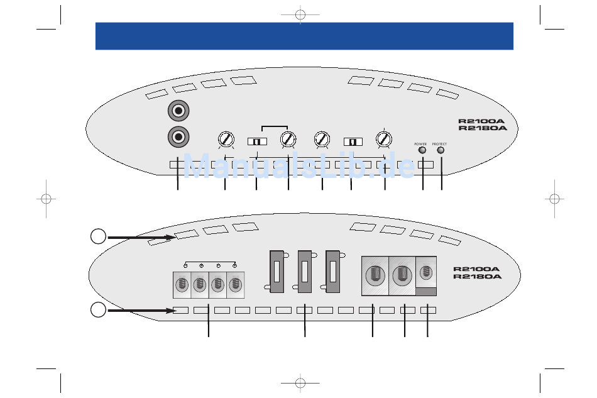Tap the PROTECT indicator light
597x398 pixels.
[441, 150]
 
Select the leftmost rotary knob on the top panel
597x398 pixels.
[226, 138]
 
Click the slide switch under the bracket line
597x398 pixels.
[257, 141]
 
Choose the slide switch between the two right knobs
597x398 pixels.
[353, 141]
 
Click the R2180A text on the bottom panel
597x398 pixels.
[478, 276]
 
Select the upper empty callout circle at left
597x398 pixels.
[97, 237]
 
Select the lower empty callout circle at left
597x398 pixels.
[97, 309]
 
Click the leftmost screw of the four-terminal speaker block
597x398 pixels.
[182, 285]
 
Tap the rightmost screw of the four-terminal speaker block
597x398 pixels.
[234, 285]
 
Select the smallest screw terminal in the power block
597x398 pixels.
[426, 272]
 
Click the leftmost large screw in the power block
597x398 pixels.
[375, 275]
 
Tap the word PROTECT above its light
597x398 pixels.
[439, 144]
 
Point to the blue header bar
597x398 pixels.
[304, 36]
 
